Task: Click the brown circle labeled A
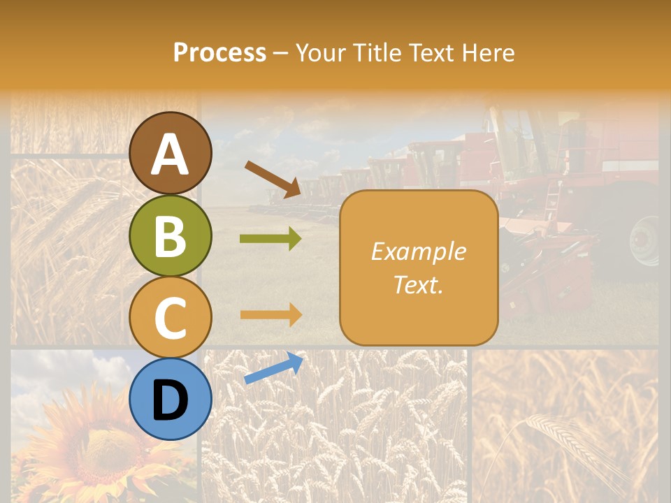(170, 153)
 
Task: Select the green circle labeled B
(170, 235)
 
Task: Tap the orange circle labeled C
(170, 317)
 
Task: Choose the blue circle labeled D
(170, 399)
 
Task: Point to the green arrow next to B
(271, 239)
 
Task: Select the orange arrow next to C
(271, 314)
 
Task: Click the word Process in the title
(219, 52)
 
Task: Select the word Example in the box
(418, 251)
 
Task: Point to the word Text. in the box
(418, 284)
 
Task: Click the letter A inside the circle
(170, 154)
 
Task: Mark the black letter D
(170, 400)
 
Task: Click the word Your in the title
(317, 52)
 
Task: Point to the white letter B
(170, 236)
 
